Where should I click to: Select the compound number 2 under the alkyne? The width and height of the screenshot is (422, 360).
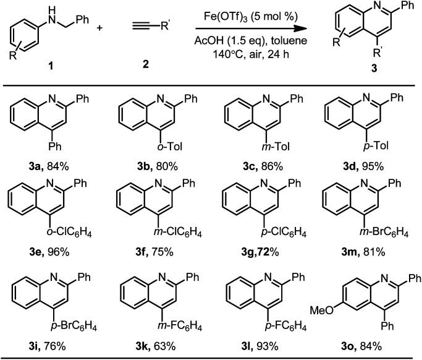pyautogui.click(x=146, y=63)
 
